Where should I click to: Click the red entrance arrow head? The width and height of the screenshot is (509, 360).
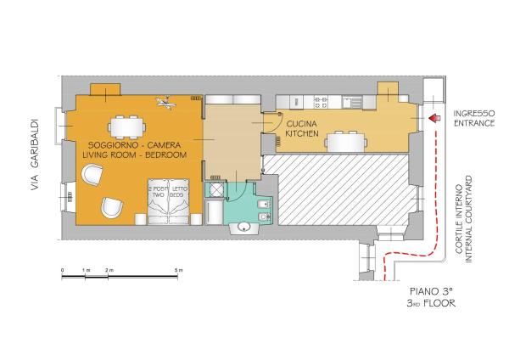(433, 119)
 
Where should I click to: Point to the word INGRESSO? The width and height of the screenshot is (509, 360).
(473, 114)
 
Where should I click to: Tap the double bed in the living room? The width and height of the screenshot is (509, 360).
(170, 200)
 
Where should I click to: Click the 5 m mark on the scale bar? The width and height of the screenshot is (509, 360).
(176, 270)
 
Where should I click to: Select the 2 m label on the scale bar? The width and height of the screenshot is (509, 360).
(108, 270)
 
